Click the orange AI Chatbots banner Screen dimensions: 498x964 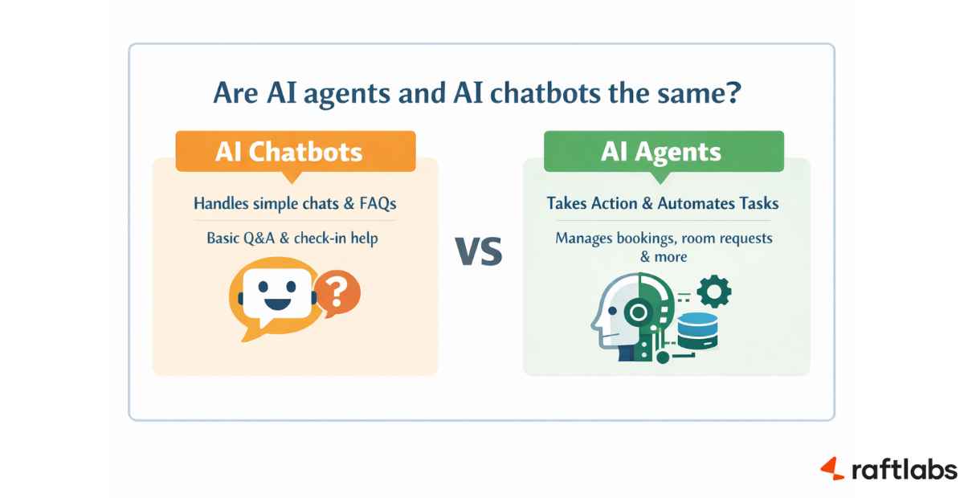click(x=295, y=152)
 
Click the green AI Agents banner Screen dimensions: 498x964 click(x=664, y=152)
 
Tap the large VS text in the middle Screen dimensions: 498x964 click(x=479, y=252)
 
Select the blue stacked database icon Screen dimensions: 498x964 click(x=696, y=330)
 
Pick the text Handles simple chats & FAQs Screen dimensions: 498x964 click(x=295, y=204)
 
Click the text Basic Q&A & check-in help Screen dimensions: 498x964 click(x=295, y=238)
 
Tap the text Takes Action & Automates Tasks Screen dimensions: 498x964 click(x=663, y=204)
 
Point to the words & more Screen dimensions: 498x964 click(x=663, y=257)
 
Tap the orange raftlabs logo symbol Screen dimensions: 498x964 click(x=832, y=468)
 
